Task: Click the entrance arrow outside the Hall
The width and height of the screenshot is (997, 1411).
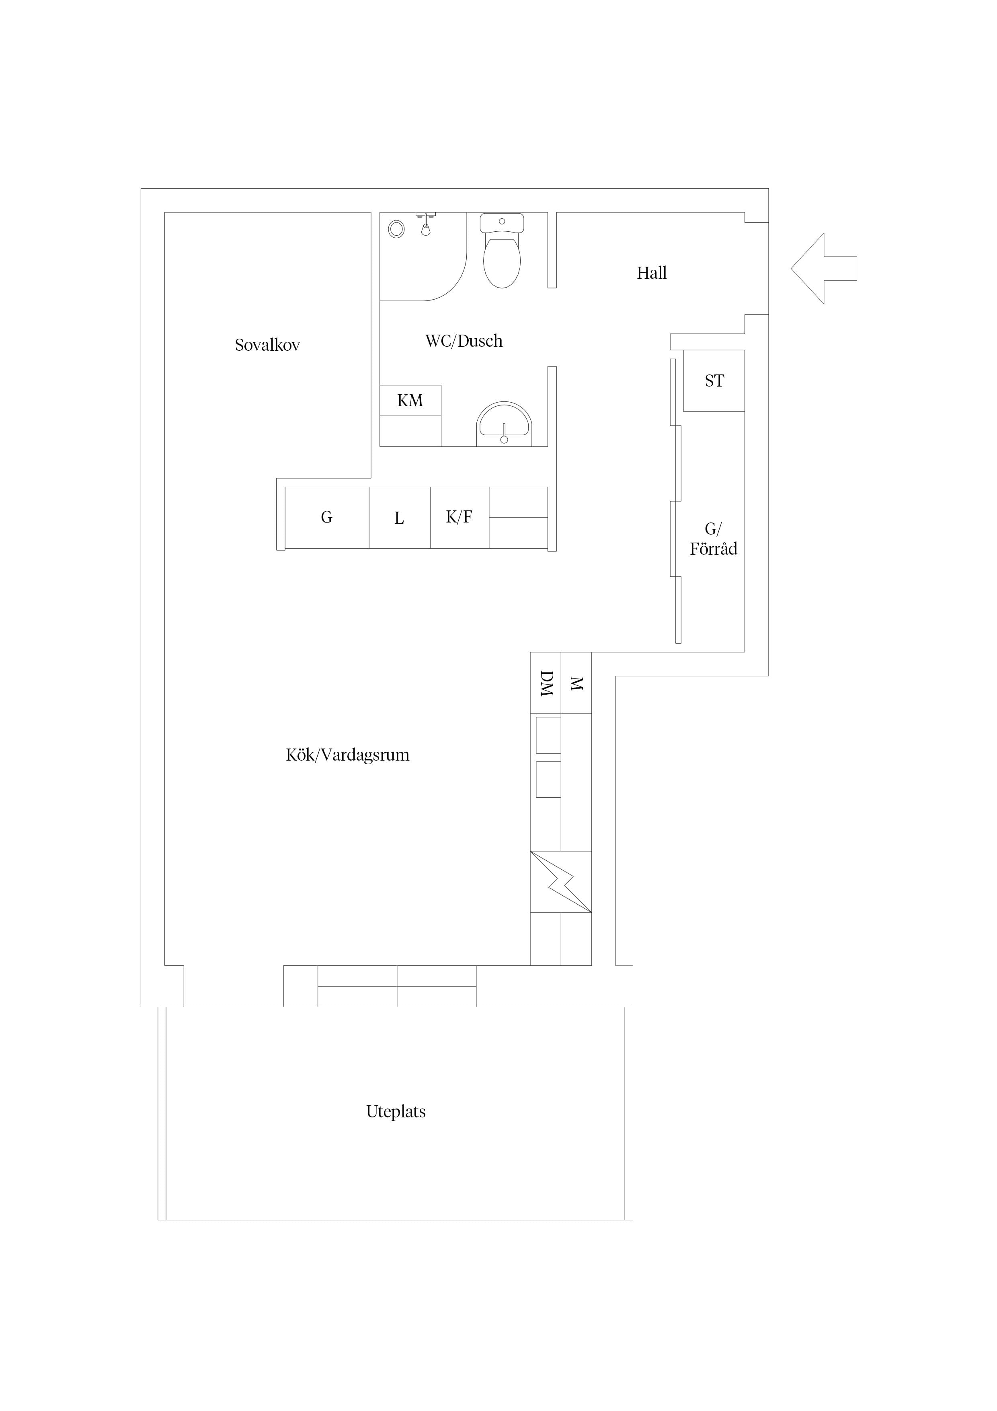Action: [823, 269]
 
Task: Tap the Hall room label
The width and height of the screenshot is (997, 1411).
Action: [651, 273]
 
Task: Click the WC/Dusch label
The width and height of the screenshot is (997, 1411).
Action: [464, 341]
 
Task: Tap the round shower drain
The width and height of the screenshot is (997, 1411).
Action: [396, 229]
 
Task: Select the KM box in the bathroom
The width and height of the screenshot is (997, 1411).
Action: [410, 401]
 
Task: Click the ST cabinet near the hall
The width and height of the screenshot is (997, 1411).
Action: [714, 381]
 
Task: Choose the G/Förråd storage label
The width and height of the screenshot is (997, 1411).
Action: [713, 539]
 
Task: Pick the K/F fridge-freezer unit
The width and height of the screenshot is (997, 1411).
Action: [460, 517]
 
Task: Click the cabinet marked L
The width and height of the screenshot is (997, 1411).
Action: [399, 517]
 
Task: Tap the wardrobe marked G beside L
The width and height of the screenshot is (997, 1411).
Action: [327, 517]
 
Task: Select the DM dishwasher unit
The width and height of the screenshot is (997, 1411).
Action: [546, 683]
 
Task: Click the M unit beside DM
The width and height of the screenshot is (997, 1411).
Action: [576, 683]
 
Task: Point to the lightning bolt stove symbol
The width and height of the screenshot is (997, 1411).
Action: [561, 882]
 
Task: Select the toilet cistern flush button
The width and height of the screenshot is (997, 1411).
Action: [502, 221]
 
